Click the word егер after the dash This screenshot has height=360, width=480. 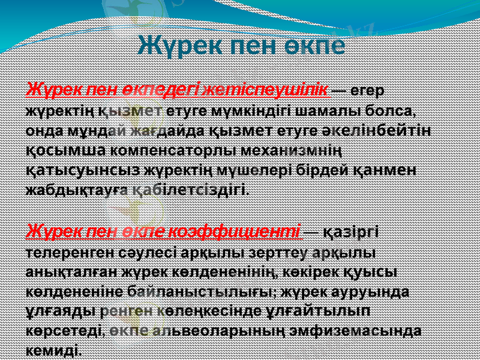pyautogui.click(x=367, y=91)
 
